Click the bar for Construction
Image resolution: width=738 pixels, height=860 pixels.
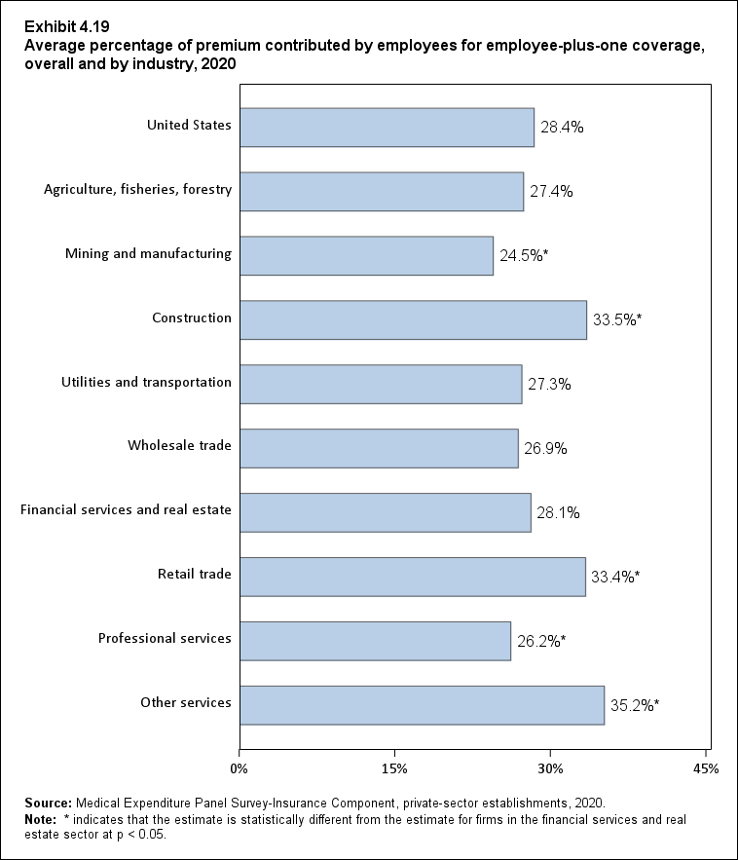coord(413,319)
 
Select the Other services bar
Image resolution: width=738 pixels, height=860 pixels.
coord(422,705)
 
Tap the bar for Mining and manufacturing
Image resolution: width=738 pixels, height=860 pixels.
coord(366,255)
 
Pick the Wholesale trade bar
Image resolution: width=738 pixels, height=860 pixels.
coord(379,448)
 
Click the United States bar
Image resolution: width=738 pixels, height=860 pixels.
coord(387,127)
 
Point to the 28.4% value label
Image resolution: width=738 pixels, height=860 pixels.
coord(562,127)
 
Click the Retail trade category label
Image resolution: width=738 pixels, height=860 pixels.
coord(195,574)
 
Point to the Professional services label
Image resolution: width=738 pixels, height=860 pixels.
coord(165,638)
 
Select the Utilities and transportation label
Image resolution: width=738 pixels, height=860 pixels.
coord(146,382)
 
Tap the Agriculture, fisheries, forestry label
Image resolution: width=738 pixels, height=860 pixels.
coord(137,189)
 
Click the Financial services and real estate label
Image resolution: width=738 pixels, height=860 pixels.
coord(126,509)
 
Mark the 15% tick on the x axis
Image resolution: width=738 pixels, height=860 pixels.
coord(394,769)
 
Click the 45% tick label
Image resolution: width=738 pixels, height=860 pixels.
coord(706,769)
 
